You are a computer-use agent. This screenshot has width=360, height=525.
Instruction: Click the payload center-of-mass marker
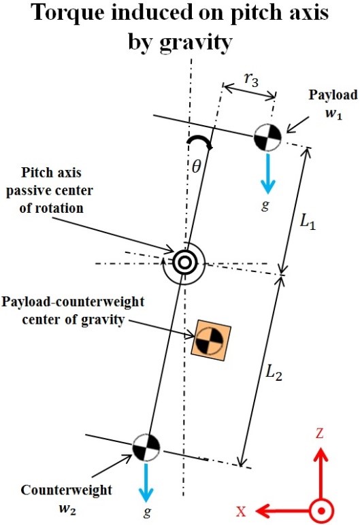267,137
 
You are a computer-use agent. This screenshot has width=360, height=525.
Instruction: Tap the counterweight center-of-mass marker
146,447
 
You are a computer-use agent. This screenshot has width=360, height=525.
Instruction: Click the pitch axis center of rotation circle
184,262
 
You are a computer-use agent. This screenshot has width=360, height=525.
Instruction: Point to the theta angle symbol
196,166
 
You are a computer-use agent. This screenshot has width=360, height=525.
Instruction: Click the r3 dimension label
251,80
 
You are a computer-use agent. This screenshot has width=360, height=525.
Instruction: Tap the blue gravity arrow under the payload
267,173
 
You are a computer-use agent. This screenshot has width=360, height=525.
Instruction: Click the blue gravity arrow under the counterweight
146,482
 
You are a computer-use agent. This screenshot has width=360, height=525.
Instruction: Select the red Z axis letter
319,434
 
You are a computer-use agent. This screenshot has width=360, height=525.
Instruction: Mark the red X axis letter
241,511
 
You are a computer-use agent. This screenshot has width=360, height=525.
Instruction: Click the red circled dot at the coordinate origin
321,511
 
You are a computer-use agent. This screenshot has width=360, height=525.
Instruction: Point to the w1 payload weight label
334,114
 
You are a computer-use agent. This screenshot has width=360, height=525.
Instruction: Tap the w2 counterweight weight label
67,509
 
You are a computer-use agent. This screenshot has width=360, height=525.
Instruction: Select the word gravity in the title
196,43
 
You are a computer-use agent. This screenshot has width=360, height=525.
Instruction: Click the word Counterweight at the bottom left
67,490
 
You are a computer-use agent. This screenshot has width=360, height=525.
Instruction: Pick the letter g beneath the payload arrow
265,205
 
